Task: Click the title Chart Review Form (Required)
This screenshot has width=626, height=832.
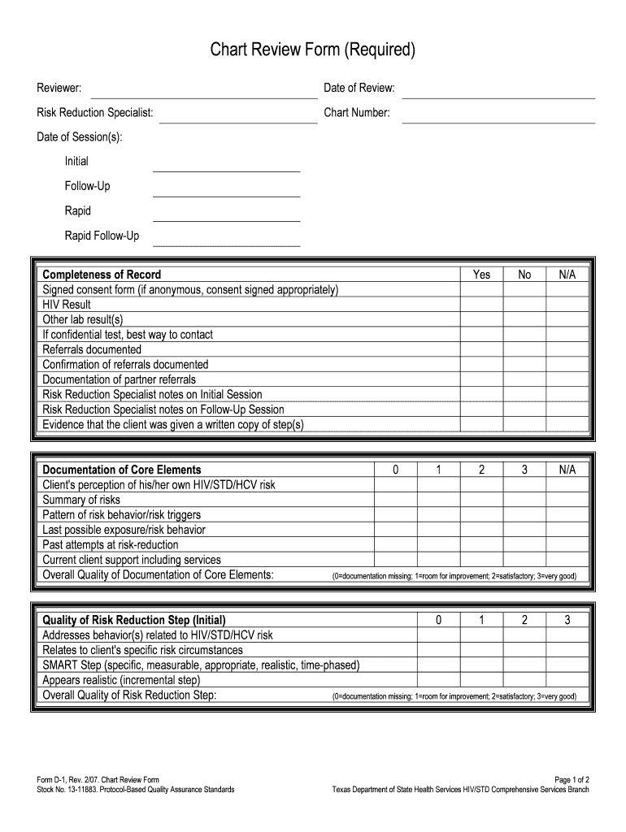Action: click(313, 51)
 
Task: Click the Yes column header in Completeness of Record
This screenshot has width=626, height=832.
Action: click(481, 275)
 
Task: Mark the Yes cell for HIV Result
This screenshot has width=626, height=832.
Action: click(481, 305)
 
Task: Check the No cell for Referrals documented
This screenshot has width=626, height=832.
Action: click(524, 349)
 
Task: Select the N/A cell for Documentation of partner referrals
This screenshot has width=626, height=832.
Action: click(567, 379)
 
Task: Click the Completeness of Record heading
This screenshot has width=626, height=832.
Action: click(102, 275)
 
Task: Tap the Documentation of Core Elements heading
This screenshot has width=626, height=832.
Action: click(122, 470)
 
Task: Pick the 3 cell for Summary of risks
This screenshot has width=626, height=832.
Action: click(524, 500)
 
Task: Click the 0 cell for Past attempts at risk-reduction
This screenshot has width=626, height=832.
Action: click(395, 545)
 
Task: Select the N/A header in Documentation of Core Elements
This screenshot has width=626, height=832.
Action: click(567, 470)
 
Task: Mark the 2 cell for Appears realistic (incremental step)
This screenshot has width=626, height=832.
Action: click(524, 680)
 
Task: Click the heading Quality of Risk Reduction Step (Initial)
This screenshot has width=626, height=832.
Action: click(134, 620)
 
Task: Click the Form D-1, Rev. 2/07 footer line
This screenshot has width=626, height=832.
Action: click(98, 779)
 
